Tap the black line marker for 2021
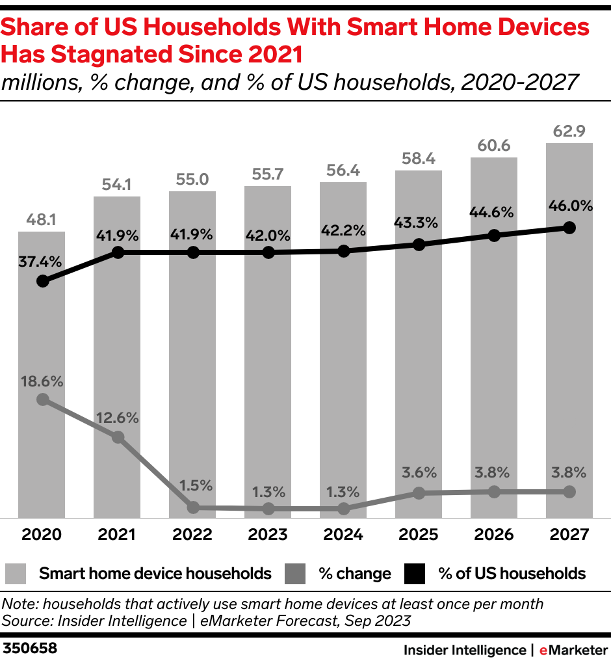pos(118,252)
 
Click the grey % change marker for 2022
pos(193,507)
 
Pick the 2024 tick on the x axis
pos(344,535)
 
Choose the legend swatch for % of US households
pos(415,573)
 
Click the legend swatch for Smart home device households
pos(16,573)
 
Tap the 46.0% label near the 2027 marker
pos(569,207)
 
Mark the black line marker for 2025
pos(419,245)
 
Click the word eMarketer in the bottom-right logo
pos(570,649)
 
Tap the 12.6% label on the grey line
pos(118,418)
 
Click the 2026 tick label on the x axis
pos(494,535)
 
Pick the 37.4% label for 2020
pos(42,262)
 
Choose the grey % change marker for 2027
pos(569,492)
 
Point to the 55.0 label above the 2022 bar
pos(193,180)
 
